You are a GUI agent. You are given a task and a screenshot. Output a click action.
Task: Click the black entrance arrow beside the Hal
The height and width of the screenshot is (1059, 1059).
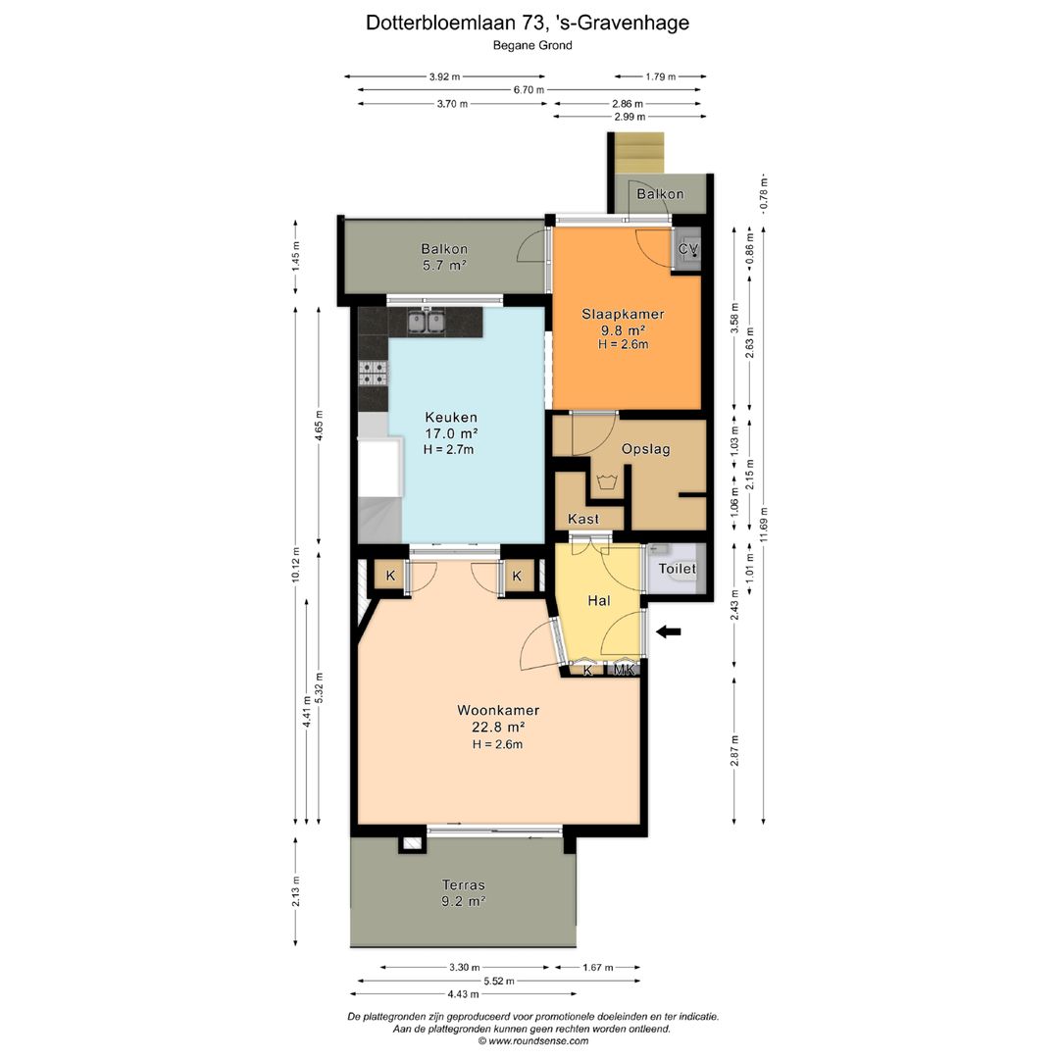669,632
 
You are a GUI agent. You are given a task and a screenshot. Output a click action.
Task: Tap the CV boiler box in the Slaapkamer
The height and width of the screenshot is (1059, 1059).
688,250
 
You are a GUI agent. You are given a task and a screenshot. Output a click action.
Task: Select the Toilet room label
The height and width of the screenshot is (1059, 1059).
677,569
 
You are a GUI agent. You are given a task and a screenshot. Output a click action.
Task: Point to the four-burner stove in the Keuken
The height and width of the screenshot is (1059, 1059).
374,372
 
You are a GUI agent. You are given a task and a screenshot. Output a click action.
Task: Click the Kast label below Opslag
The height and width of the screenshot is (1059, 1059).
583,519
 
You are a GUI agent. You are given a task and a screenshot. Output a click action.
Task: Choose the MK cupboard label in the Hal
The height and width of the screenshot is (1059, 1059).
626,670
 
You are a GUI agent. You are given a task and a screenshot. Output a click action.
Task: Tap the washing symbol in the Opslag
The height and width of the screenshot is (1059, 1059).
604,481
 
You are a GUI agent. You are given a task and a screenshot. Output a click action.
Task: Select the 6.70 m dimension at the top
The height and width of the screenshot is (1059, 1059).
529,89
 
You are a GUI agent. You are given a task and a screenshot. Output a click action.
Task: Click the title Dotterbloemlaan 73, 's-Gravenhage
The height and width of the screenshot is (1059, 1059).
528,22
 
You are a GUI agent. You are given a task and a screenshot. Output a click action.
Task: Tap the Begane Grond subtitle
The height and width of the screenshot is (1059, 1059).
530,45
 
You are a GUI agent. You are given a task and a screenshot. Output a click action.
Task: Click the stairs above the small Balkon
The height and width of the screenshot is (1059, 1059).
638,151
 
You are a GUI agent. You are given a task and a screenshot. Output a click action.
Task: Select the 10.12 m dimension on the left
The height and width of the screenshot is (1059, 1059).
296,564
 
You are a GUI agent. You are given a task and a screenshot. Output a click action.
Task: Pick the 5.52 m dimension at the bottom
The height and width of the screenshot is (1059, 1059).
499,981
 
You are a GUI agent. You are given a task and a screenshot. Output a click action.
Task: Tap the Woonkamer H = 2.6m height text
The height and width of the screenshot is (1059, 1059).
498,744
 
